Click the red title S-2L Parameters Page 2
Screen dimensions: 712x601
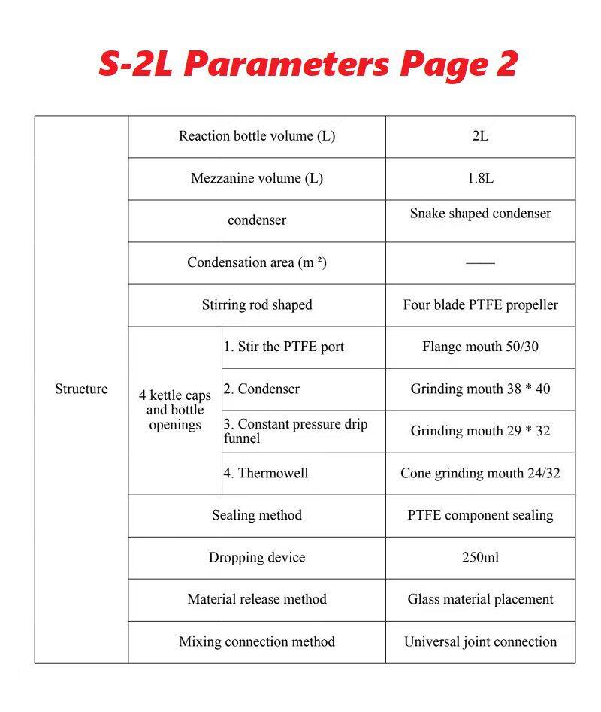pyautogui.click(x=308, y=65)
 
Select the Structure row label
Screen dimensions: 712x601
pyautogui.click(x=81, y=389)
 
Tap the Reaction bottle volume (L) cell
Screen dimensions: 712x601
pyautogui.click(x=257, y=136)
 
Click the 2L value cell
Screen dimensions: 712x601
pyautogui.click(x=480, y=136)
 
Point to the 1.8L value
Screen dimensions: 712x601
pyautogui.click(x=480, y=179)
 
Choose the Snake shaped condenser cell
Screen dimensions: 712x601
pyautogui.click(x=480, y=214)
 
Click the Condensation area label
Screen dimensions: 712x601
pyautogui.click(x=257, y=263)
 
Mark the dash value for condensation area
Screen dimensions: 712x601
pyautogui.click(x=480, y=263)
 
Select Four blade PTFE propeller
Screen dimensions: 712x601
pyautogui.click(x=480, y=305)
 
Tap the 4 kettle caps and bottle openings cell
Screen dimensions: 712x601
pyautogui.click(x=175, y=410)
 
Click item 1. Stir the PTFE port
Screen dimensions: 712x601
pyautogui.click(x=284, y=347)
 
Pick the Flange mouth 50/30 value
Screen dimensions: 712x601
pyautogui.click(x=480, y=347)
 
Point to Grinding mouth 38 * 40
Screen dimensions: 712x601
pyautogui.click(x=480, y=389)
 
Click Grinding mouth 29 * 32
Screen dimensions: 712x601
pyautogui.click(x=480, y=432)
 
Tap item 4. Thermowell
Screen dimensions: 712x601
pyautogui.click(x=266, y=474)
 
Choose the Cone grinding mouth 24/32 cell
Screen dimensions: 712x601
pyautogui.click(x=480, y=474)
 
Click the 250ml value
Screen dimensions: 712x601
pyautogui.click(x=480, y=558)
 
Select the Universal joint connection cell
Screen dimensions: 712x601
pyautogui.click(x=480, y=642)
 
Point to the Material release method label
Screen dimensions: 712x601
pyautogui.click(x=257, y=600)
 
